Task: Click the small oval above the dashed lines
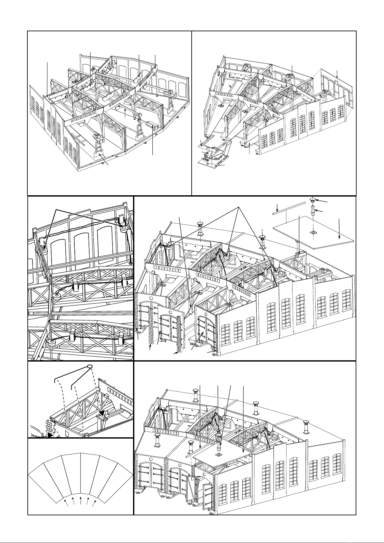pos(90,366)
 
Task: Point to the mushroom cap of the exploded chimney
pos(313,200)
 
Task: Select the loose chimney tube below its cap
pos(313,214)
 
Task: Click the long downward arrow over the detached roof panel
pos(339,229)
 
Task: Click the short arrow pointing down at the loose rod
pos(278,208)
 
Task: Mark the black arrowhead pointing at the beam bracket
pos(103,413)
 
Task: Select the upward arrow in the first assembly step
pos(125,111)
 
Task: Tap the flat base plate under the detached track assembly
pos(211,163)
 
